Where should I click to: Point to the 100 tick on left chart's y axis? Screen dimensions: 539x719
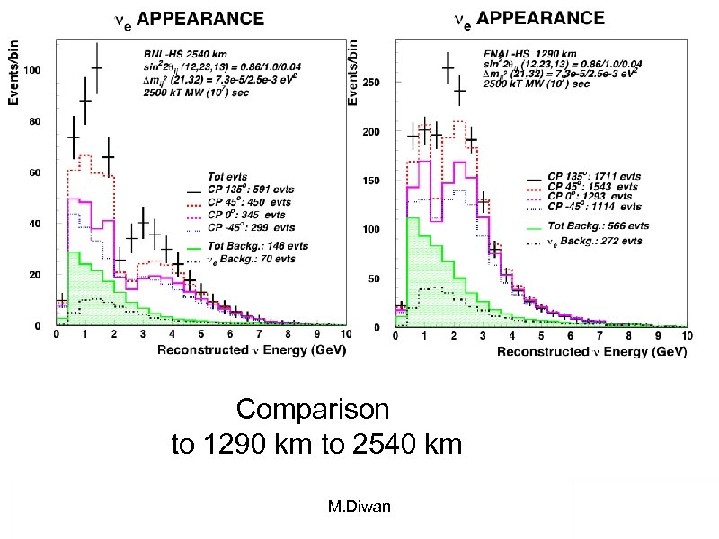(x=36, y=70)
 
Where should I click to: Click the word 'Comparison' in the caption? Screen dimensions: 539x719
(x=312, y=410)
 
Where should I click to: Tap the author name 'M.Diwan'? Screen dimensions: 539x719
(x=359, y=508)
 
